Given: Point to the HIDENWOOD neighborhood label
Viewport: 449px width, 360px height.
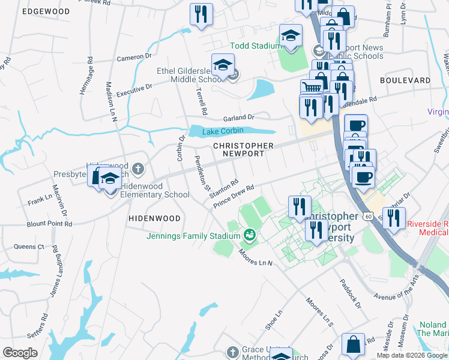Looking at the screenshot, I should [x=154, y=219].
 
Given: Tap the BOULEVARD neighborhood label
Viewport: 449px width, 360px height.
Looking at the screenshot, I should [x=405, y=80].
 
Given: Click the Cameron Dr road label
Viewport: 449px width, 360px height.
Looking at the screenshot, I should [x=134, y=58].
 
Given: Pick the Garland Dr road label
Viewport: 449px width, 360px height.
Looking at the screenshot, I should [x=239, y=118].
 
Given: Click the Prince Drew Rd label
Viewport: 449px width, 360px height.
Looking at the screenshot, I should [x=234, y=196].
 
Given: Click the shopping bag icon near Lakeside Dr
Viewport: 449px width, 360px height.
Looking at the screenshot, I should [x=353, y=344].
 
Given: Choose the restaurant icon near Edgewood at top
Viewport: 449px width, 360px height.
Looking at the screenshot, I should [x=201, y=14].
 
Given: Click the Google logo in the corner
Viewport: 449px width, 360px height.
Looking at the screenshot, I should [x=20, y=353].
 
